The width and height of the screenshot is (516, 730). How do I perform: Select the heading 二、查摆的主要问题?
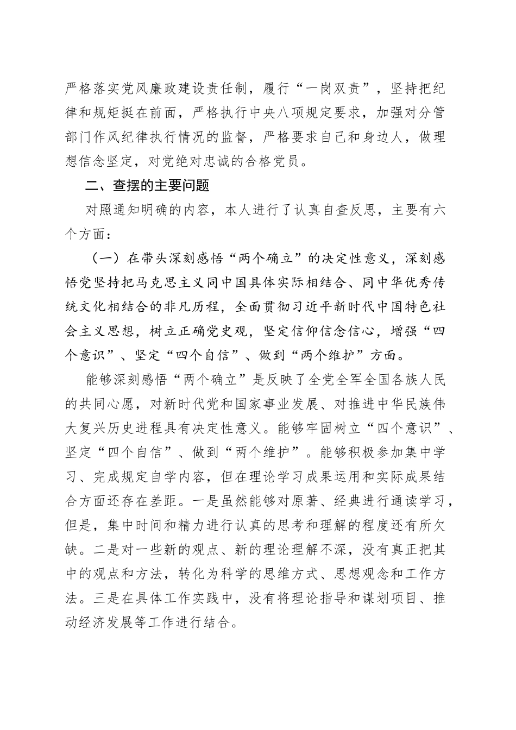[147, 185]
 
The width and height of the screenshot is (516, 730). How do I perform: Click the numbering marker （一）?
[103, 257]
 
